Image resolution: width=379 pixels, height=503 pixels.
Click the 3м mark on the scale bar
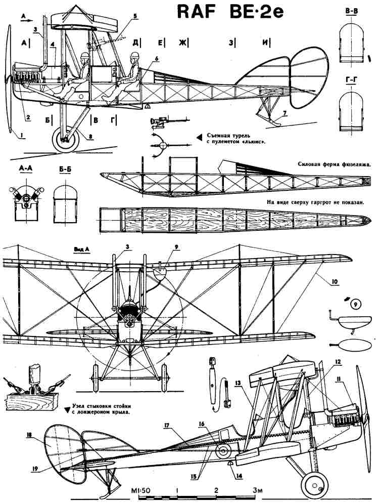pyautogui.click(x=258, y=490)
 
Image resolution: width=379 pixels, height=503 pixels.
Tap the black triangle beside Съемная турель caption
pyautogui.click(x=199, y=136)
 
